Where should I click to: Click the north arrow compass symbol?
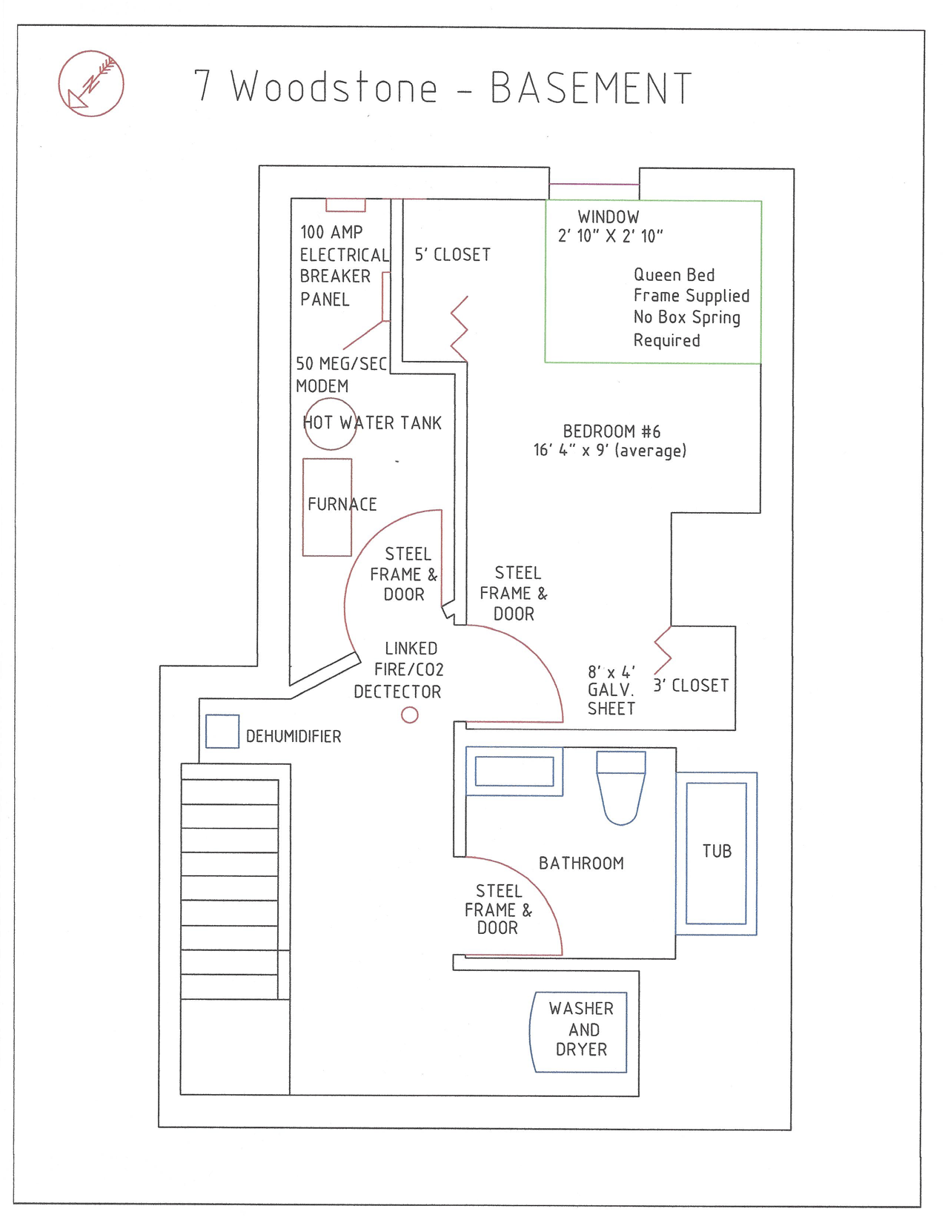[x=91, y=84]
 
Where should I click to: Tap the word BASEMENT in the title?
[x=591, y=88]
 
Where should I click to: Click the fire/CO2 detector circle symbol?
[x=410, y=715]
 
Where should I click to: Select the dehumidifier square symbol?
[x=222, y=732]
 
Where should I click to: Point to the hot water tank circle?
[x=330, y=424]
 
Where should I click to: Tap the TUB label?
[x=717, y=852]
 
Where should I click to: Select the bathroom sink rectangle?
[x=514, y=771]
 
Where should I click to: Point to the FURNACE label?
[x=342, y=505]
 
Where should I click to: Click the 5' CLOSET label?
[x=452, y=255]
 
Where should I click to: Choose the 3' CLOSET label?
[x=691, y=686]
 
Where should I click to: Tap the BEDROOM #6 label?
[x=611, y=431]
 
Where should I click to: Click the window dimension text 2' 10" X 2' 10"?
[x=610, y=236]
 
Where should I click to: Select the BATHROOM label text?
[x=581, y=864]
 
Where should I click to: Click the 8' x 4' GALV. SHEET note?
[x=611, y=690]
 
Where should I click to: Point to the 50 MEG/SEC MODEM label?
[x=341, y=375]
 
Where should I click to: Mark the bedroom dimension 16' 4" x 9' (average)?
[x=609, y=451]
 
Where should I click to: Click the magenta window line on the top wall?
[x=594, y=184]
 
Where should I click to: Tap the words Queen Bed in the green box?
[x=674, y=275]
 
